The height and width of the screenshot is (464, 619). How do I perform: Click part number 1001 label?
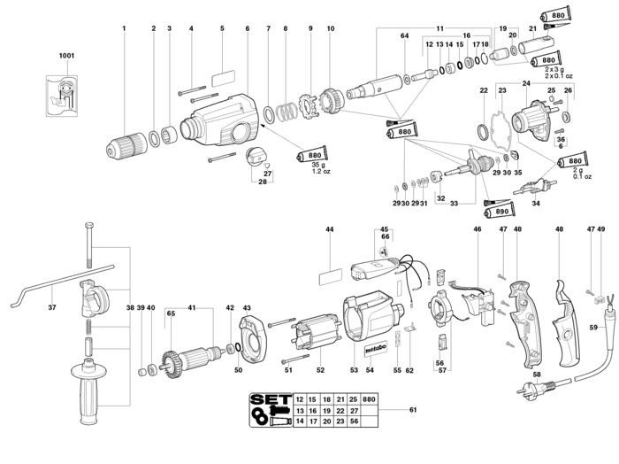click(67, 55)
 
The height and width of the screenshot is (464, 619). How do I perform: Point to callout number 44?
click(329, 229)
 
